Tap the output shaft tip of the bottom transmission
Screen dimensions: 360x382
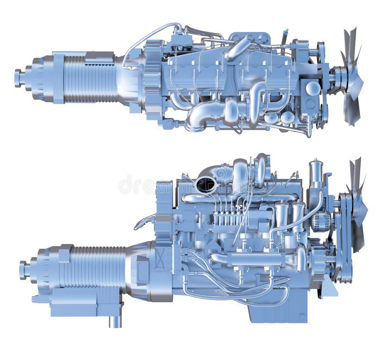(22, 270)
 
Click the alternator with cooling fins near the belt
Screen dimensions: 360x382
(321, 222)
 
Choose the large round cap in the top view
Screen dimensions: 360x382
(313, 88)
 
